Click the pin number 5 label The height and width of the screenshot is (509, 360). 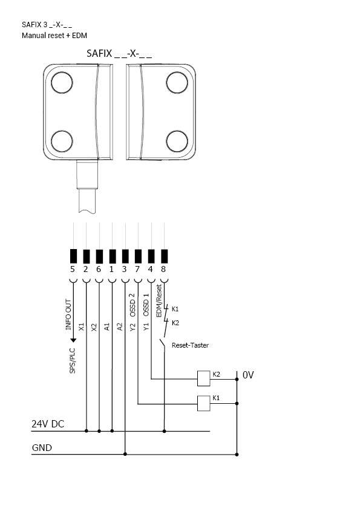73,269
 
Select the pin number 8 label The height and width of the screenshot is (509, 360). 163,269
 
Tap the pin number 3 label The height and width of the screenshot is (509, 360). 125,269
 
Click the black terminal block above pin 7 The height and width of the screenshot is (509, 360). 138,256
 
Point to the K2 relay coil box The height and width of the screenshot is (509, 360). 204,378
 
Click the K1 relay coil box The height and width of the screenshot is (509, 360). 204,403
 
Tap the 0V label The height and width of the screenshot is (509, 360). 248,375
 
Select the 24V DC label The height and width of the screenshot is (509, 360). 48,424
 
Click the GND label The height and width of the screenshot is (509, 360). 42,448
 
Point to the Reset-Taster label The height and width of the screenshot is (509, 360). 190,345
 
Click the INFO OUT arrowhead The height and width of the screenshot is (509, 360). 73,340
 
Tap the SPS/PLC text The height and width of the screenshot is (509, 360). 72,361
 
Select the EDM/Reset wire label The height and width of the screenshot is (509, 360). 159,300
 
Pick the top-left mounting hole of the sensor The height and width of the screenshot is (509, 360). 62,83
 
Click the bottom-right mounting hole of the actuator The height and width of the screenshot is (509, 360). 177,141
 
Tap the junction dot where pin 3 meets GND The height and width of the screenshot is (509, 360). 125,454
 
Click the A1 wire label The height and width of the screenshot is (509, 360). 107,326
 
